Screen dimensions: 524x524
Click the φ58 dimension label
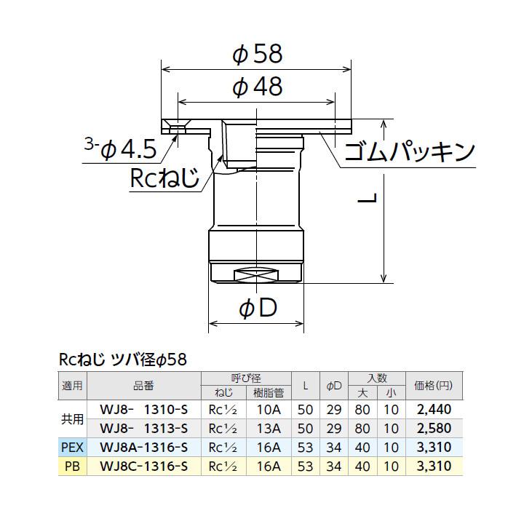(x=257, y=54)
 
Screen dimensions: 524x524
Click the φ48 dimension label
(x=257, y=87)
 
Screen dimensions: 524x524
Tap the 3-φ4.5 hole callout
(x=119, y=149)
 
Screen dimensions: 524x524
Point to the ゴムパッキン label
(x=409, y=151)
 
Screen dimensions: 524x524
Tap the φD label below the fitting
(x=258, y=309)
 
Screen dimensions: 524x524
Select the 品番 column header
(x=144, y=386)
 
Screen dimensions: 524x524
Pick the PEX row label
(x=72, y=446)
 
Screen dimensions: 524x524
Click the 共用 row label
(x=72, y=418)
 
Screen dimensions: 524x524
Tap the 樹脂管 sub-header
(x=269, y=393)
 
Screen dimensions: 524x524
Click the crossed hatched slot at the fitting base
(x=257, y=277)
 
